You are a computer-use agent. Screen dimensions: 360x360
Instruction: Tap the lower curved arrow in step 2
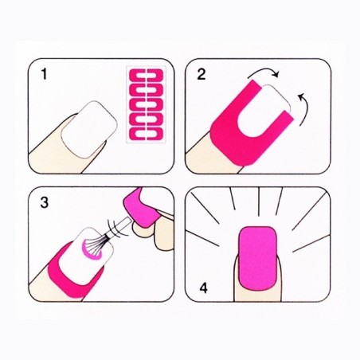pyautogui.click(x=303, y=104)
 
